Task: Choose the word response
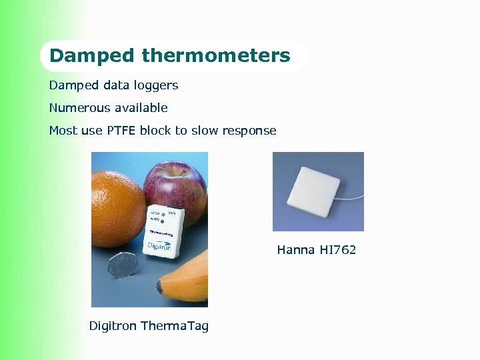(249, 131)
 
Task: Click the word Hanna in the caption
(296, 250)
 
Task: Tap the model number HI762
(338, 250)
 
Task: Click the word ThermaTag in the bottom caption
(175, 326)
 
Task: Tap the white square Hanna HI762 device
(313, 191)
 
